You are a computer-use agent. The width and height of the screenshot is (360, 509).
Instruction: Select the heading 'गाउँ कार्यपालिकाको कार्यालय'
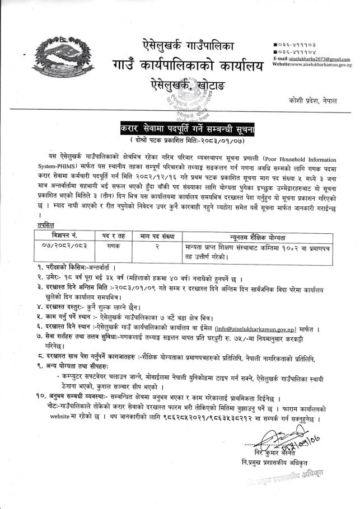point(183,68)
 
